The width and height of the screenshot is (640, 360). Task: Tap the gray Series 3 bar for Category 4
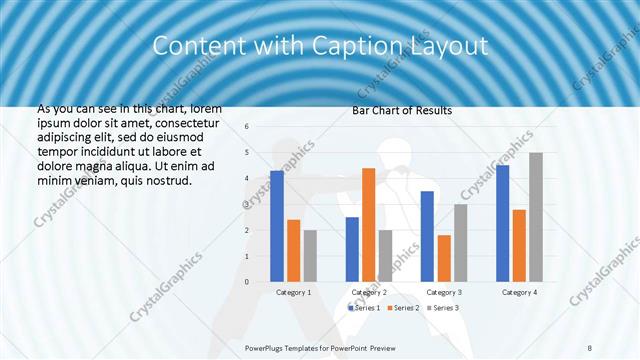click(536, 217)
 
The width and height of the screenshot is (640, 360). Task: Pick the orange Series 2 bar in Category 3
click(444, 258)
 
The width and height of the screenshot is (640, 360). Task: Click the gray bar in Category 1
click(310, 256)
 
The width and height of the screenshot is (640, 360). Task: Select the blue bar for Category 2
click(352, 249)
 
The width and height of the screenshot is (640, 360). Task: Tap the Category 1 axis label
click(293, 292)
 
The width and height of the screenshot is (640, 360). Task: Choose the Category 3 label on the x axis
click(444, 292)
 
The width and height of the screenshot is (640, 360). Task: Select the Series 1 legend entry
click(363, 307)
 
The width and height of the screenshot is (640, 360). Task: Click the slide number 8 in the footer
click(590, 348)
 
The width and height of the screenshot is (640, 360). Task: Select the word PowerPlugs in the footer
click(265, 348)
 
